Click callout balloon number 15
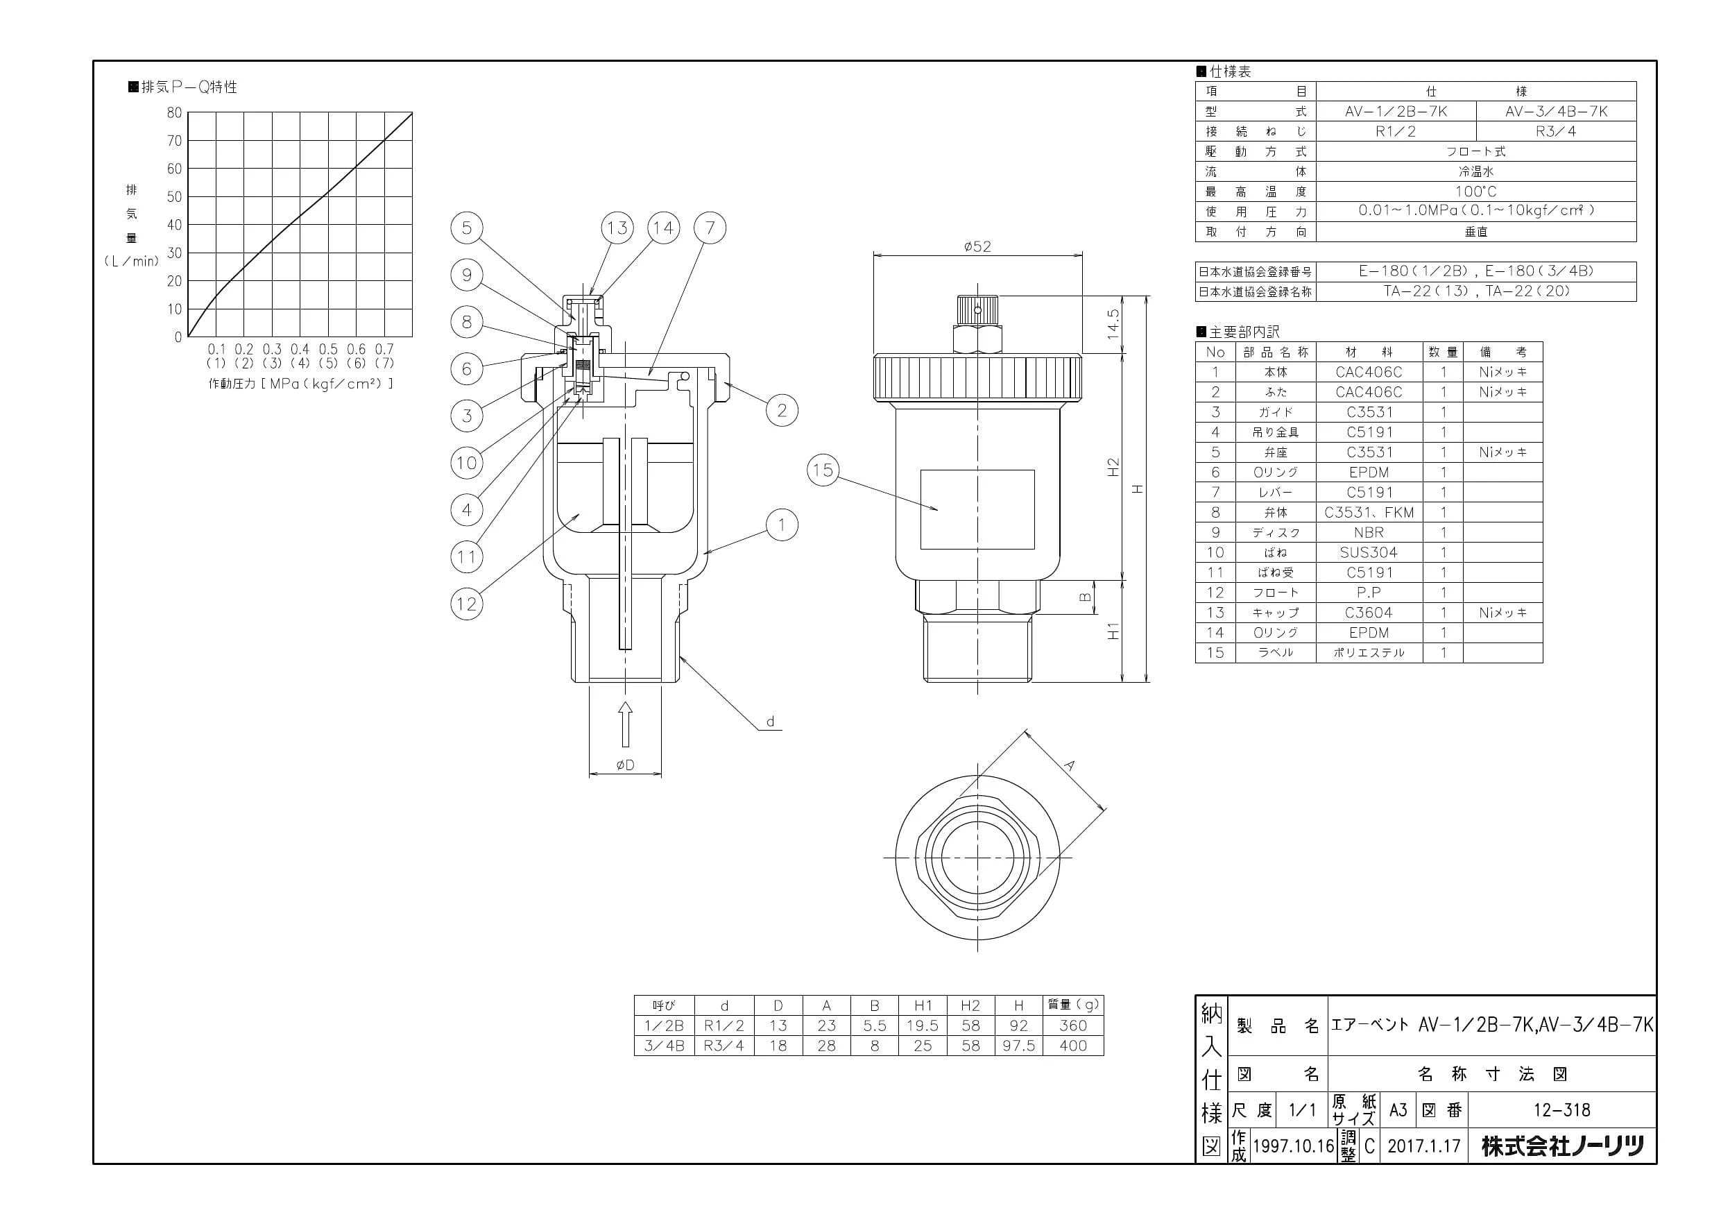pos(822,470)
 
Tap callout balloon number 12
pos(466,604)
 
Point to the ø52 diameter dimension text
pos(977,246)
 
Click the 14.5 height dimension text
pos(1113,324)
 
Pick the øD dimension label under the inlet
pos(625,765)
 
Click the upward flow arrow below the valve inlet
pos(625,724)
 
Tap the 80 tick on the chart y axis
pos(174,112)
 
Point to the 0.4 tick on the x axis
pos(300,349)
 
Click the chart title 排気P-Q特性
pos(183,87)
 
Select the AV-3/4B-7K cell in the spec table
pos(1556,112)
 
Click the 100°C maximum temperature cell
pos(1476,192)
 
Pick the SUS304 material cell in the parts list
pos(1369,552)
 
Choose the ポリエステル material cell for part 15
pos(1369,652)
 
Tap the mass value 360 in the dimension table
pos(1073,1025)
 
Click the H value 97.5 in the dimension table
pos(1019,1046)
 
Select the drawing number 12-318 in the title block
pos(1562,1109)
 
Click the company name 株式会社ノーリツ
pos(1562,1146)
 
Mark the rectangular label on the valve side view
pos(977,510)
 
